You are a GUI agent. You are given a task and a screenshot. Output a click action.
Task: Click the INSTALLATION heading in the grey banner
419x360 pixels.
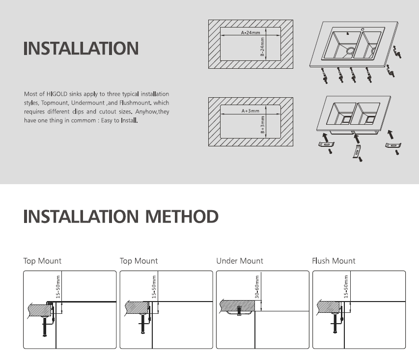tap(81, 49)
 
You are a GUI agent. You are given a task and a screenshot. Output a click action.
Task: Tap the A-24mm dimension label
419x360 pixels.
tap(250, 32)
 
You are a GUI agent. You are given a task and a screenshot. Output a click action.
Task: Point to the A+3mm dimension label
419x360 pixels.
tap(250, 111)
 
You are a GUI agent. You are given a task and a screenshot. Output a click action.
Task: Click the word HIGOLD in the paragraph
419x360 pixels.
tap(56, 94)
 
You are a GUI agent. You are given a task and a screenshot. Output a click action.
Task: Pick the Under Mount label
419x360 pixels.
tap(240, 261)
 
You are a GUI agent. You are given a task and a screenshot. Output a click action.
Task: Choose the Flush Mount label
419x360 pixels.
tap(334, 261)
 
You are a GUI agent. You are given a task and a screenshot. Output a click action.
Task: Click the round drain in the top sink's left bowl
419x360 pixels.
tap(351, 50)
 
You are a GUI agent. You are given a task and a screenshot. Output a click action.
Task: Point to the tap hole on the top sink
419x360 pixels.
tap(363, 29)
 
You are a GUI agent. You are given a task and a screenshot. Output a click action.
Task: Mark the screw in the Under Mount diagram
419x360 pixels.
tap(239, 310)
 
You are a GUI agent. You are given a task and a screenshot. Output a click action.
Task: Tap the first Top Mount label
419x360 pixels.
tap(42, 261)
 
